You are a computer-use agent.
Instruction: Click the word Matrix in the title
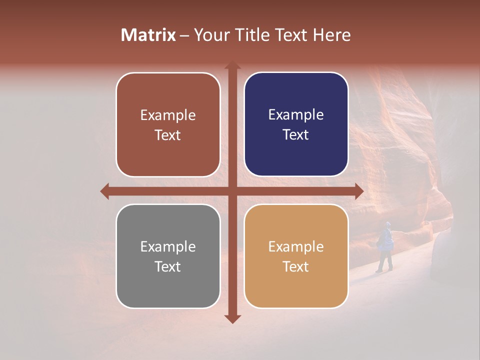(148, 35)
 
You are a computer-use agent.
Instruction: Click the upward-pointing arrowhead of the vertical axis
(232, 65)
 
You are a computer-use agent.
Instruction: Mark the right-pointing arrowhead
(358, 191)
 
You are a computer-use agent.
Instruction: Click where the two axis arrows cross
(232, 191)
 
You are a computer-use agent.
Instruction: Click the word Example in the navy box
(296, 115)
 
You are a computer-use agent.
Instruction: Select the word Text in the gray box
(168, 266)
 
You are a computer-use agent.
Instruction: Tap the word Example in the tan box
(296, 246)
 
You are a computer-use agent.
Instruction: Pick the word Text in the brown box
(168, 135)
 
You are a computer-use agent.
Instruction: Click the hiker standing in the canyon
(385, 245)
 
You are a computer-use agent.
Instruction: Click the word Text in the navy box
(296, 135)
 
